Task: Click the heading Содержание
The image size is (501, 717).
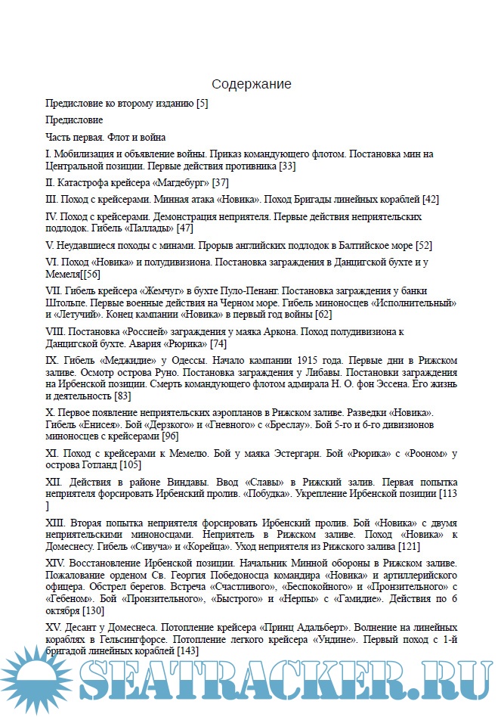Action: (x=251, y=84)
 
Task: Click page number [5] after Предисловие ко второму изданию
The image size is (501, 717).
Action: (x=202, y=103)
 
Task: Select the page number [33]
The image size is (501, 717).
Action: (x=287, y=165)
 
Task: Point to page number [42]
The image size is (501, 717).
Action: (x=431, y=200)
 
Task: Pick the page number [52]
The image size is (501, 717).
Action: (x=424, y=245)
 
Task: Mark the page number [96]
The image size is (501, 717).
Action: (x=171, y=436)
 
